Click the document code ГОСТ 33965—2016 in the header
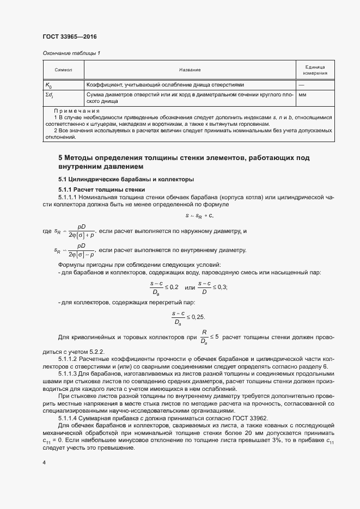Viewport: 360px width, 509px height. click(x=69, y=36)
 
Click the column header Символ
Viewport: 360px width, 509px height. click(x=63, y=70)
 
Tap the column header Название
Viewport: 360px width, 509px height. click(x=190, y=70)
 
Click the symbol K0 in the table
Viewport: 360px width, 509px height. click(x=48, y=85)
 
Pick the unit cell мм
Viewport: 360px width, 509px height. click(x=303, y=95)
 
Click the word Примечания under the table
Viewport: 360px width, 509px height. click(x=76, y=111)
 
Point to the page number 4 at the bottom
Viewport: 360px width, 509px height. click(x=44, y=463)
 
